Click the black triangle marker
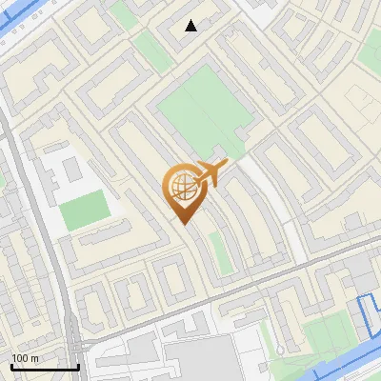pyautogui.click(x=191, y=26)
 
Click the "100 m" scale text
pyautogui.click(x=24, y=358)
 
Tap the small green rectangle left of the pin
pyautogui.click(x=84, y=210)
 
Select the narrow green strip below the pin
pyautogui.click(x=219, y=252)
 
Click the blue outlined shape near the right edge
pyautogui.click(x=367, y=319)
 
